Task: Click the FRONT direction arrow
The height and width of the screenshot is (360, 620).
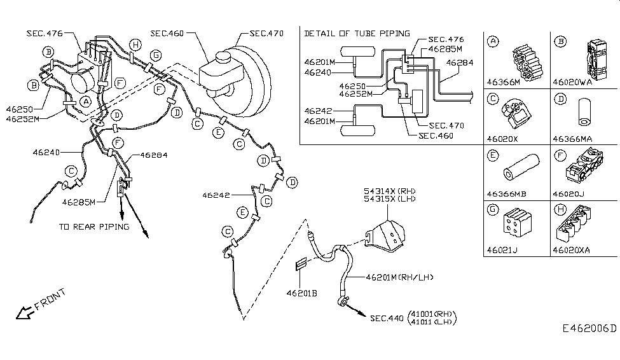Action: tap(24, 313)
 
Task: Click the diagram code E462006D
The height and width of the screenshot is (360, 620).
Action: tap(589, 328)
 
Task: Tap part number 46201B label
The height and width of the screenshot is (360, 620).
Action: tap(301, 293)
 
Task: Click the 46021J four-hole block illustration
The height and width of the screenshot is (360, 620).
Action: tap(517, 223)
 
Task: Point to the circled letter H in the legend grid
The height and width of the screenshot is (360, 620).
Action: tap(560, 209)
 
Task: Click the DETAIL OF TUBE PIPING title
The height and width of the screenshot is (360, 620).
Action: tap(357, 34)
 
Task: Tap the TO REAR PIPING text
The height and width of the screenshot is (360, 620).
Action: tap(94, 226)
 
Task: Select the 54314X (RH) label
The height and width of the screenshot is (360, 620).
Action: tap(390, 191)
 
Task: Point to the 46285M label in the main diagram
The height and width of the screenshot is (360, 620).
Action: tap(79, 202)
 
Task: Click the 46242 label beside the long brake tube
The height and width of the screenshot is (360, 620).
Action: tap(216, 195)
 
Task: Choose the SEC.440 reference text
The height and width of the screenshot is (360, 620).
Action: tap(387, 318)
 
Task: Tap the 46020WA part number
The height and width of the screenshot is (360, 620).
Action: tap(572, 82)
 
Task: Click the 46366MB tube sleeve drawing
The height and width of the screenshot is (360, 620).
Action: tap(521, 167)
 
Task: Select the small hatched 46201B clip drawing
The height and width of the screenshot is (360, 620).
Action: tap(301, 263)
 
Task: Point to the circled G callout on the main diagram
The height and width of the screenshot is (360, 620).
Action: tap(156, 55)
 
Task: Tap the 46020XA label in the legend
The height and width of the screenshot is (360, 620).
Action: tap(572, 250)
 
